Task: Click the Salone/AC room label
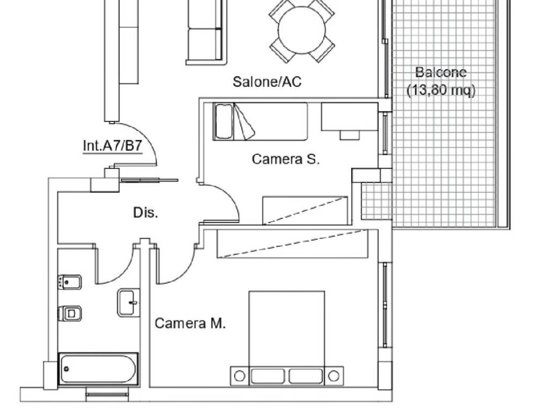click(x=267, y=82)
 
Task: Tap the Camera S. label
click(x=286, y=159)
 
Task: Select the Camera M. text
click(x=190, y=323)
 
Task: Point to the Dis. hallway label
click(x=145, y=212)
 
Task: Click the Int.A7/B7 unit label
click(x=113, y=145)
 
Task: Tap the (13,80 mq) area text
click(x=441, y=90)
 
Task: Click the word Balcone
click(x=441, y=72)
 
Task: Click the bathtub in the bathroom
click(x=98, y=369)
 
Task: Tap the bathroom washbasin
click(x=129, y=303)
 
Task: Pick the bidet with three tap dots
click(x=70, y=282)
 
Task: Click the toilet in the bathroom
click(x=70, y=313)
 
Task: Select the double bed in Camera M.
click(x=287, y=338)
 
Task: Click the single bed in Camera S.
click(x=261, y=122)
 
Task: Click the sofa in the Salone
click(x=205, y=32)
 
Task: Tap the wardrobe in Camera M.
click(x=292, y=244)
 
